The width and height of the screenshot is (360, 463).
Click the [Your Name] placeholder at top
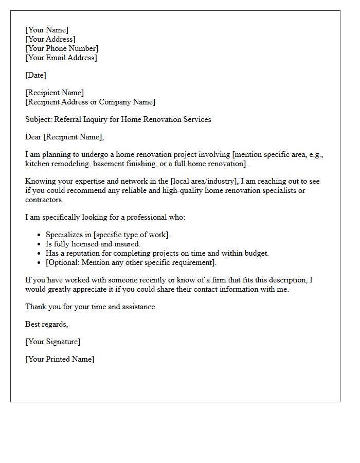pos(47,30)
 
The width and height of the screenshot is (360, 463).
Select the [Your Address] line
pos(50,39)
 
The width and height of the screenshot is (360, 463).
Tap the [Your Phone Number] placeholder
pos(62,48)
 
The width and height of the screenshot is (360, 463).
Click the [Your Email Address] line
pos(61,58)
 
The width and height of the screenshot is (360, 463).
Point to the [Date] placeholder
pos(35,75)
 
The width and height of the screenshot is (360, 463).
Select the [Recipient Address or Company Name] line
pos(90,102)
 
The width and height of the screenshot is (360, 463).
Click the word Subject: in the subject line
pos(39,119)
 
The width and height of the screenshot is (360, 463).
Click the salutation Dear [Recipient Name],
pos(64,137)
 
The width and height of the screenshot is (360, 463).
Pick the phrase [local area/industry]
pos(204,181)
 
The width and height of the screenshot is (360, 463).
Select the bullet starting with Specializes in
pos(108,235)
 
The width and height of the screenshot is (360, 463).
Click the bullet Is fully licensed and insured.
pos(93,244)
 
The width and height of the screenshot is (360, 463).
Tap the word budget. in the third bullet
pos(256,253)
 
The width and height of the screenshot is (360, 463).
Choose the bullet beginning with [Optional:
pos(131,262)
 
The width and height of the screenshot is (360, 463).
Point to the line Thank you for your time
pos(91,307)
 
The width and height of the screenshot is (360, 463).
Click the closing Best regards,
pos(47,324)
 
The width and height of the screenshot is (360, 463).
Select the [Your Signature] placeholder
pos(53,342)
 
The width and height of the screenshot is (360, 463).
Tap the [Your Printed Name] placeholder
pos(60,359)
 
